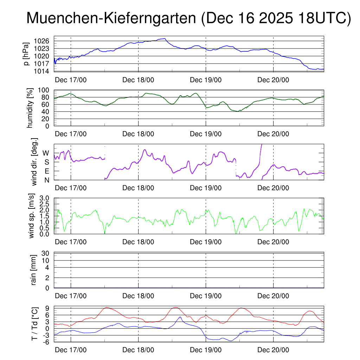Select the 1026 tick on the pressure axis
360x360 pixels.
(41, 41)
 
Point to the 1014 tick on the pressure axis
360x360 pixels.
(41, 71)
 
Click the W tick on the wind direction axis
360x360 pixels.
(46, 153)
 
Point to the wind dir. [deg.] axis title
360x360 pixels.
(34, 162)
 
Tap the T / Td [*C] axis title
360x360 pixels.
(34, 324)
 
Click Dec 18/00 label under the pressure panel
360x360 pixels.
(138, 79)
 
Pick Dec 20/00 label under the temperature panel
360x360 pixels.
(273, 350)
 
